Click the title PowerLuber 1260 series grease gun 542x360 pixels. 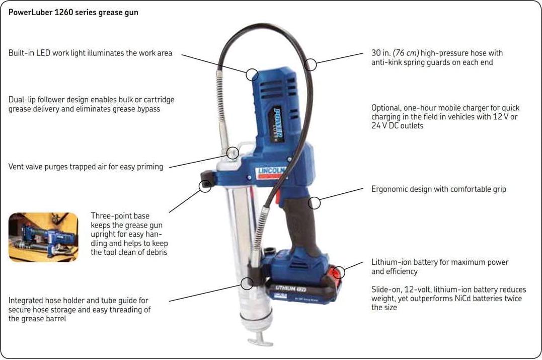coord(73,13)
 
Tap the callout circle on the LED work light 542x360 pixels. coord(252,69)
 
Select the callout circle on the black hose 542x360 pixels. coord(311,58)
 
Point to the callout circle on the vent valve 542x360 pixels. coord(233,147)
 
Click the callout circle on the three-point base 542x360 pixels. coord(205,180)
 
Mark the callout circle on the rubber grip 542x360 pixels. coord(314,197)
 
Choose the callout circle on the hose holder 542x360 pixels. coord(247,278)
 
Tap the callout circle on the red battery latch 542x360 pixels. coord(339,267)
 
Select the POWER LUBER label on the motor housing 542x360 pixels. coord(278,124)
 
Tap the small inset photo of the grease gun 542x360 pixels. coord(44,237)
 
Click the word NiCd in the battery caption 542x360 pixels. coord(463,299)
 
